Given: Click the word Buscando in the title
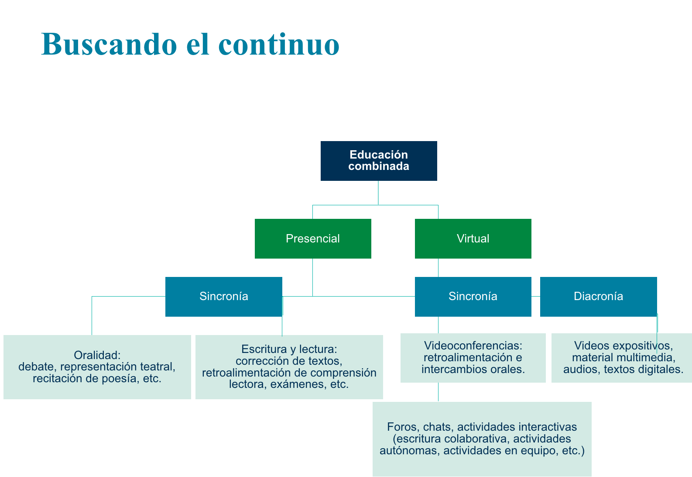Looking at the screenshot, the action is [109, 44].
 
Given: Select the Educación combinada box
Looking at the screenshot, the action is [379, 161].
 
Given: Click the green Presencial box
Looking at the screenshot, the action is [313, 238].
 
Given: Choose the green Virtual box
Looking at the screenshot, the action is [473, 238].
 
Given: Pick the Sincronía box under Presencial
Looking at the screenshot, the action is [224, 296].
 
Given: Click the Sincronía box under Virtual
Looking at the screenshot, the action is [473, 296].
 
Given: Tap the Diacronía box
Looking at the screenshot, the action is [598, 296].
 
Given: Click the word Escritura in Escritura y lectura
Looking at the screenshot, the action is [264, 349].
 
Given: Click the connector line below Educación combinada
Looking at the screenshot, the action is [378, 193].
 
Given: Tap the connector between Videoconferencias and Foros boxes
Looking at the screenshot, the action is [438, 392].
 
